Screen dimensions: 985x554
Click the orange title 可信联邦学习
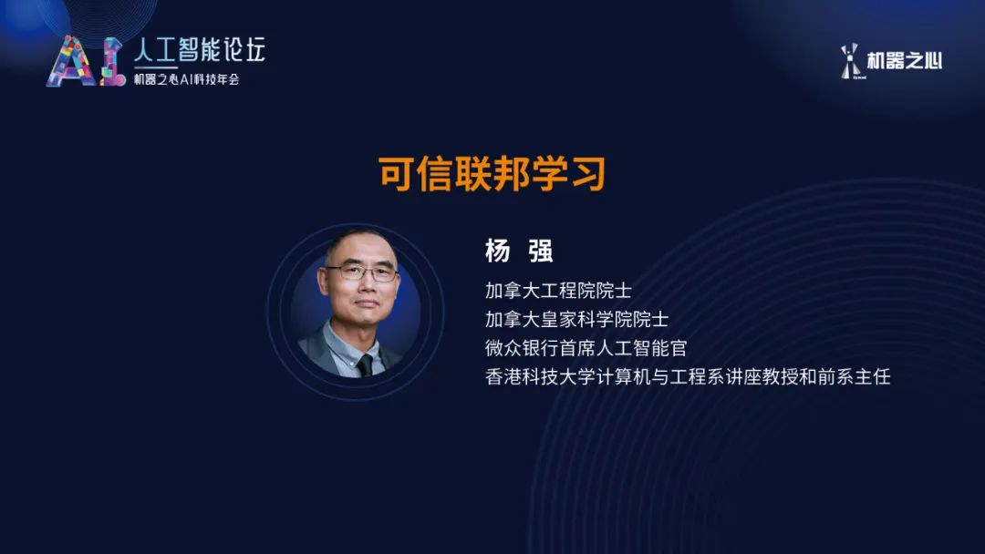click(x=492, y=174)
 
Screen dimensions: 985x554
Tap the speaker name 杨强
click(x=519, y=251)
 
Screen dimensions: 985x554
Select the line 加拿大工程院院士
click(x=558, y=291)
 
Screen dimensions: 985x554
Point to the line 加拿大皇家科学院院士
click(x=576, y=319)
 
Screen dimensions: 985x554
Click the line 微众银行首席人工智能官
click(x=586, y=348)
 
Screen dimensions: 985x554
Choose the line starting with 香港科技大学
click(x=688, y=376)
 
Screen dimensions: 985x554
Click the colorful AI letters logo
click(x=86, y=61)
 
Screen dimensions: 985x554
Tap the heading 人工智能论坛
click(x=200, y=49)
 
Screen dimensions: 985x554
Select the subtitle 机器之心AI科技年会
click(x=187, y=79)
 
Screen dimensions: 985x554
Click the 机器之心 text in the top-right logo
click(x=904, y=61)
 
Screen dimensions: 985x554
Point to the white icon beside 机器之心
click(x=851, y=61)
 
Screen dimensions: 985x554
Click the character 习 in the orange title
click(x=587, y=174)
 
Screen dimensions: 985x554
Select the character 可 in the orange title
click(x=397, y=174)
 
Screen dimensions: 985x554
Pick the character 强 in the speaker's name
click(x=541, y=251)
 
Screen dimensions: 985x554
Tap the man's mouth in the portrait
click(x=367, y=304)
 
